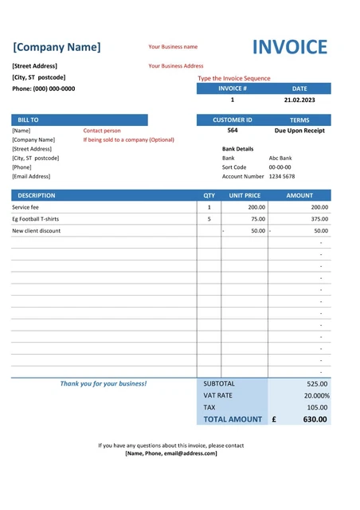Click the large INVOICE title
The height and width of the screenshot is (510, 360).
[x=289, y=47]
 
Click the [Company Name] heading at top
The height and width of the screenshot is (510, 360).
[x=57, y=47]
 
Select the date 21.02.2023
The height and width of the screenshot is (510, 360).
[x=299, y=100]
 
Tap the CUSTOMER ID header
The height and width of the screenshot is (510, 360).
[x=232, y=120]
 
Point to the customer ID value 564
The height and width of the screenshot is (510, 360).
[x=232, y=130]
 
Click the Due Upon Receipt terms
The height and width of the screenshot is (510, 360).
[x=299, y=131]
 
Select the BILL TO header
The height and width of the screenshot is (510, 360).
[x=28, y=120]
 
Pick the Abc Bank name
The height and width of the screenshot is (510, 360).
[x=280, y=158]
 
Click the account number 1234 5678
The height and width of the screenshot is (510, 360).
[x=282, y=176]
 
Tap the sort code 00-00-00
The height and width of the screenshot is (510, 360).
[x=280, y=167]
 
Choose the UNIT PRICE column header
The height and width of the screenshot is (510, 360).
[x=245, y=195]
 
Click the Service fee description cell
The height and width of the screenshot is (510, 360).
[x=25, y=207]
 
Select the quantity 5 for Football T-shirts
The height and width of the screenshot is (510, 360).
[x=209, y=219]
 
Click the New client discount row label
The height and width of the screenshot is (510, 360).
[x=36, y=231]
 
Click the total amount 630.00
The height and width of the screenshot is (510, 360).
[x=315, y=419]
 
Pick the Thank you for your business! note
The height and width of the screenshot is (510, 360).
[x=104, y=384]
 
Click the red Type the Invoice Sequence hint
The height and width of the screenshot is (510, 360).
[x=234, y=78]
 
